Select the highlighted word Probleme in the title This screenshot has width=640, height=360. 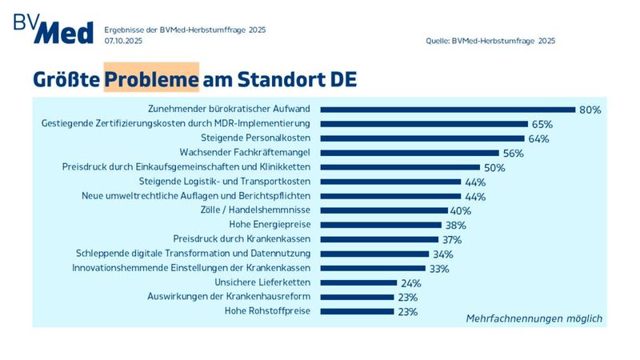pos(151,80)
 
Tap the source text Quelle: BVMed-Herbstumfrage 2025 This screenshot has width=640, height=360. pos(490,40)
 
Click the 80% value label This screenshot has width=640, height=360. pos(590,110)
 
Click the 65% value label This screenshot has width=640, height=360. pos(542,124)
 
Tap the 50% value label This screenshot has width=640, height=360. pos(494,167)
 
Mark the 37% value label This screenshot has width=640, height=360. pos(452,239)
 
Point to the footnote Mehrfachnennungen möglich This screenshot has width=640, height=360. pos(534,318)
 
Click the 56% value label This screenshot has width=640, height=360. pos(513,153)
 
